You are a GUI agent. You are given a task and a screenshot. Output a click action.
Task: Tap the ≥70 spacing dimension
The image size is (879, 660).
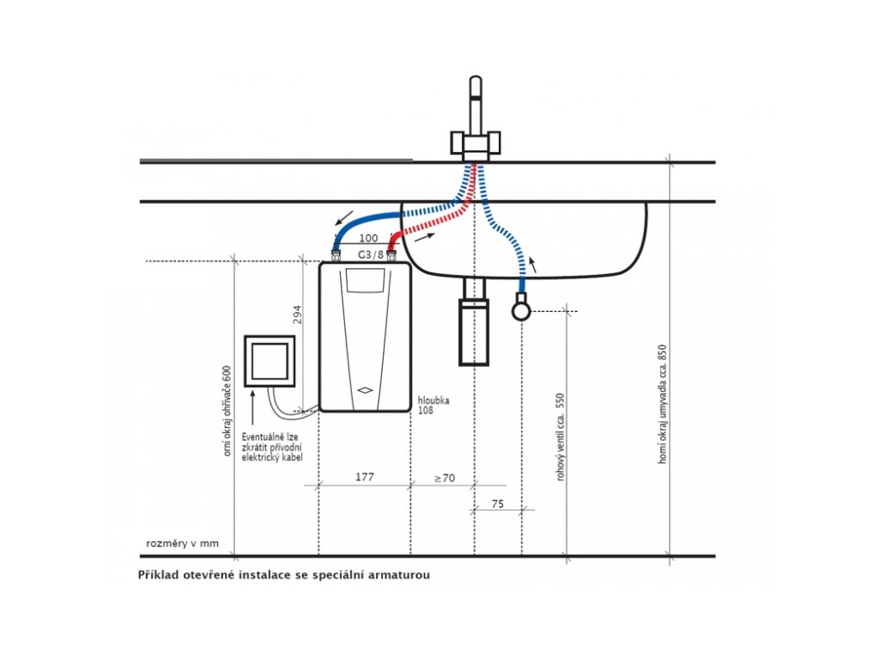tap(444, 478)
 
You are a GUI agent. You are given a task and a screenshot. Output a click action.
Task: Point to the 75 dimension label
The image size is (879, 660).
tap(498, 505)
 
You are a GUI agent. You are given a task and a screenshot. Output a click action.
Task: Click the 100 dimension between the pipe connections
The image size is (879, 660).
tap(368, 238)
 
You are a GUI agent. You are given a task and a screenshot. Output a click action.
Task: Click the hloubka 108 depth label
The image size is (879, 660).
tap(433, 406)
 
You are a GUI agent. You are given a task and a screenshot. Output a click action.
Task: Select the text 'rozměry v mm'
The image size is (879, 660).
tap(183, 544)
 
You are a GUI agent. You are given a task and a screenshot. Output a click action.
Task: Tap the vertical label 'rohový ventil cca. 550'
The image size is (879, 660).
tap(561, 437)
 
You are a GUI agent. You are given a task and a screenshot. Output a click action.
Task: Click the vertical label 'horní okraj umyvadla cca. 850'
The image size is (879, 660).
tap(662, 404)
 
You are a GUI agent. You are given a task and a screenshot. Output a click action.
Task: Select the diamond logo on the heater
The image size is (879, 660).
tap(364, 389)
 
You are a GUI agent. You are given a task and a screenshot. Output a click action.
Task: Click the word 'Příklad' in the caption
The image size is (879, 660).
tap(161, 575)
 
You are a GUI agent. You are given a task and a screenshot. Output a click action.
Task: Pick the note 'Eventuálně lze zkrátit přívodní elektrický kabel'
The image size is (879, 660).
tap(271, 447)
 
